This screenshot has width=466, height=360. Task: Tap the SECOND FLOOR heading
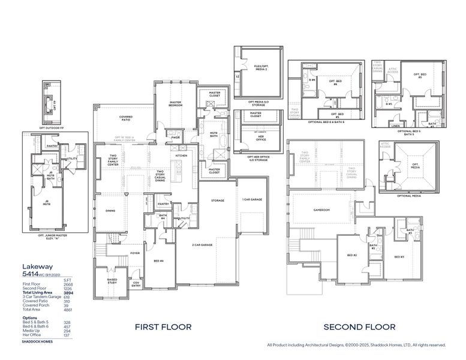[359, 327]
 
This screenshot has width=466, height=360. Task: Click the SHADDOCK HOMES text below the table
[37, 341]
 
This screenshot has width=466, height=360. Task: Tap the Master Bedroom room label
[175, 103]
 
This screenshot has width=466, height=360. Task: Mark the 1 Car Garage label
[252, 199]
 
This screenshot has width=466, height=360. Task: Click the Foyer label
[136, 253]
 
